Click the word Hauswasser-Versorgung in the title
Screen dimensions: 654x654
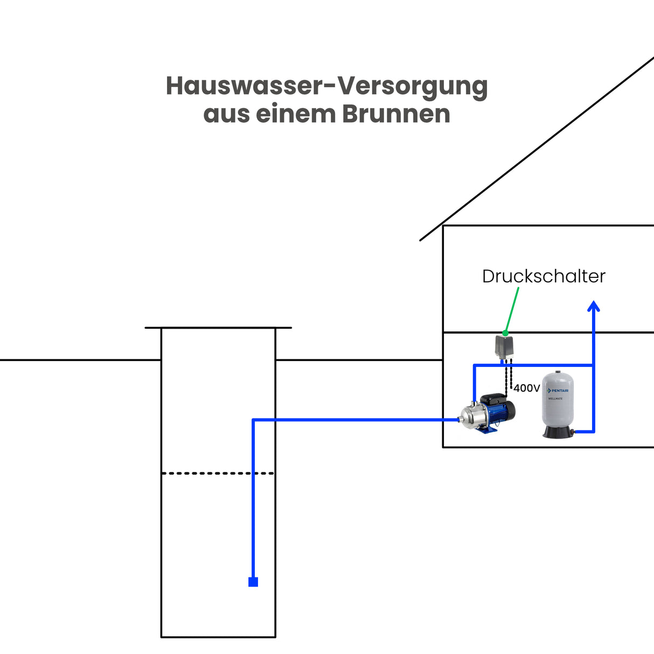tap(326, 86)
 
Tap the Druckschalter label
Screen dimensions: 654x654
tap(544, 276)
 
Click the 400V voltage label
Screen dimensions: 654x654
tap(526, 388)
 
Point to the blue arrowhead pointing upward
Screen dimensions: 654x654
tap(594, 307)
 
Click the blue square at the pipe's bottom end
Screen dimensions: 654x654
tap(253, 582)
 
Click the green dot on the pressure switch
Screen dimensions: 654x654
tap(505, 333)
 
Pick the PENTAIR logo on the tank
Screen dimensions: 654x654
tap(558, 391)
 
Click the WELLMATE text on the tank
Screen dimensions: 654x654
tap(555, 399)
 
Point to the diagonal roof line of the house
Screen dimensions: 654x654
tap(539, 148)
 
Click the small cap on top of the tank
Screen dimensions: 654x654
tap(558, 371)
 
